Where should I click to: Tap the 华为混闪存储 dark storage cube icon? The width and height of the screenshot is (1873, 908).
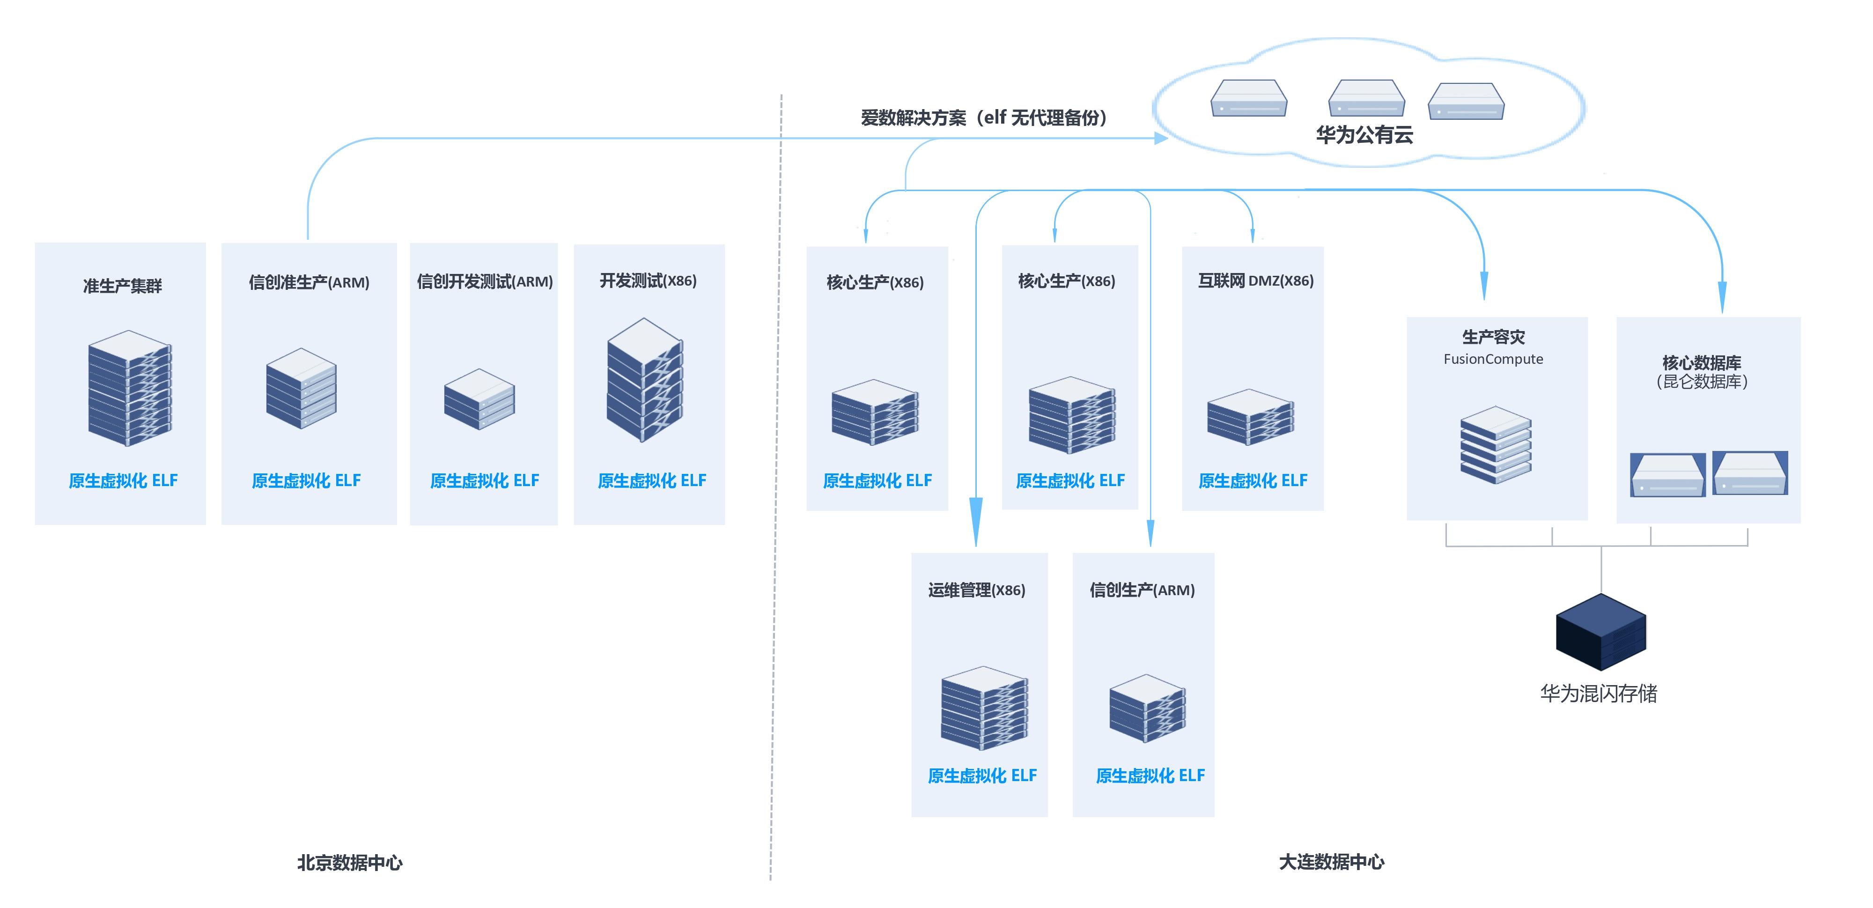1600,632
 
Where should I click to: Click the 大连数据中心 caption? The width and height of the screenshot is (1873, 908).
1331,862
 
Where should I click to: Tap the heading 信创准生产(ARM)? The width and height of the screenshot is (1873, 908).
309,282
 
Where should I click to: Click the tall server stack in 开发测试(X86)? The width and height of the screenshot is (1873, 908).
644,379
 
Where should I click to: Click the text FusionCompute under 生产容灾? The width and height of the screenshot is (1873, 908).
1493,359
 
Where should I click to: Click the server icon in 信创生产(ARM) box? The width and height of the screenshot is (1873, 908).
1147,708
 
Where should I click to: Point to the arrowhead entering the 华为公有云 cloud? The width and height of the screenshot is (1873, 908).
1161,138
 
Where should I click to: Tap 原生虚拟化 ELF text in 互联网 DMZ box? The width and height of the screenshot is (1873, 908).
1252,480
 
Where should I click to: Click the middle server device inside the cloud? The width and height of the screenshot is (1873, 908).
1366,99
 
